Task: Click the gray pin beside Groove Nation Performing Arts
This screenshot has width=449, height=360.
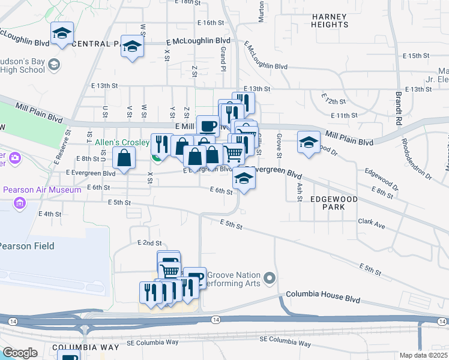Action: [270, 277]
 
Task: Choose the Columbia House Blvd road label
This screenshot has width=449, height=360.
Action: [324, 295]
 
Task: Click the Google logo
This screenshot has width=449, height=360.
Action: [20, 352]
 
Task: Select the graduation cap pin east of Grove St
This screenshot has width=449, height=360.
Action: [309, 143]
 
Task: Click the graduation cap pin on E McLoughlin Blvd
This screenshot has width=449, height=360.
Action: [131, 47]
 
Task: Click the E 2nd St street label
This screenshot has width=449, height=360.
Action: [149, 243]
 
